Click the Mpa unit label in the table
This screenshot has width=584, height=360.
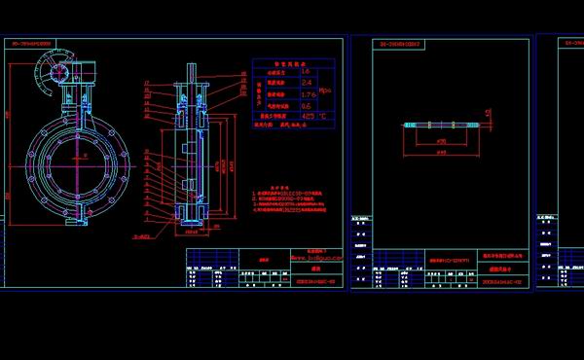point(325,89)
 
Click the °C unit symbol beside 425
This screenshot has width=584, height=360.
point(322,116)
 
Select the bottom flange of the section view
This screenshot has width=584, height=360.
point(191,225)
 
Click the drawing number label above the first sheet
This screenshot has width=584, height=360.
point(33,44)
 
